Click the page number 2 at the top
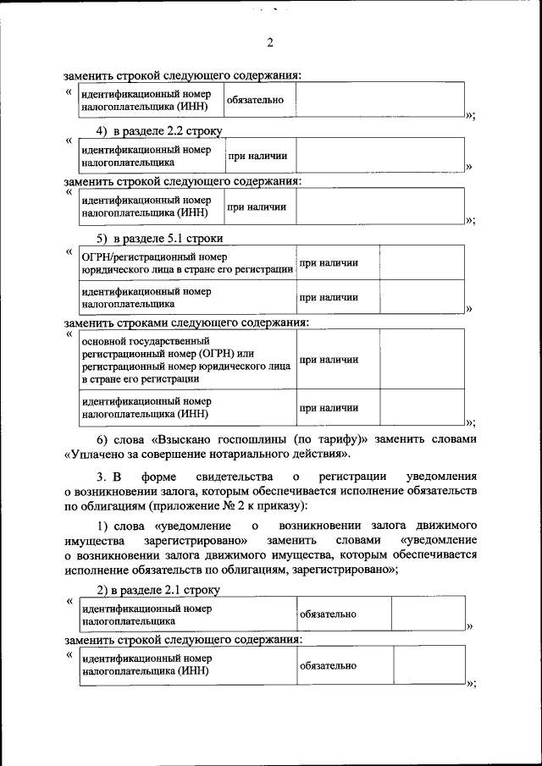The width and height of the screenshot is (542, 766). click(270, 43)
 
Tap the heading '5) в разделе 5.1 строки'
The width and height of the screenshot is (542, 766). click(159, 238)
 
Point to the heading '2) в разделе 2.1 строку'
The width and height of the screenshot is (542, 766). click(158, 589)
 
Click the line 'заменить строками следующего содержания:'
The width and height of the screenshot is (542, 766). click(186, 322)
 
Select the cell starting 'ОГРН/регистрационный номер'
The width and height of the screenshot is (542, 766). click(187, 262)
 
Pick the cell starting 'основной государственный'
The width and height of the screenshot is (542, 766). click(185, 360)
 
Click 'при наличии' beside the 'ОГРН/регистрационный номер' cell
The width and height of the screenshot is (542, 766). click(329, 263)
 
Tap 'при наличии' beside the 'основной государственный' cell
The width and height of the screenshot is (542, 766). click(329, 360)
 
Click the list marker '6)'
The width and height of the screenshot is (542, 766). click(104, 439)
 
